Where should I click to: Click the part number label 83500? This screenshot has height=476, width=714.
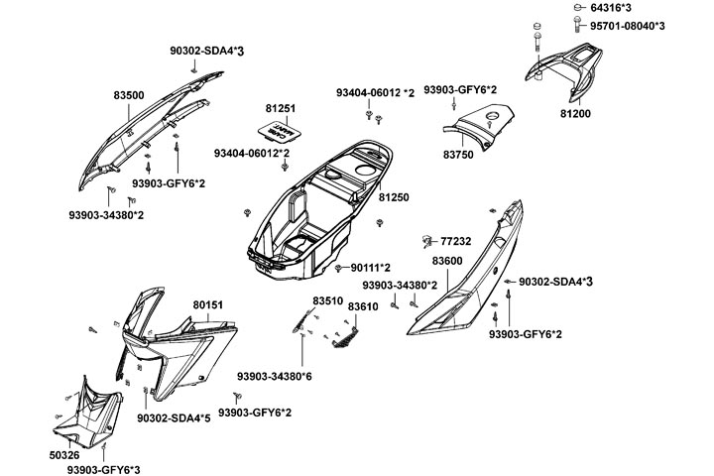coord(129,95)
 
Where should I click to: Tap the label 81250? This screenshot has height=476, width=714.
coord(392,198)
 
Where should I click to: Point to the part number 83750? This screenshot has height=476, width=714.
coord(458,156)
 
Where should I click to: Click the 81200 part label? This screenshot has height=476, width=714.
coord(575,115)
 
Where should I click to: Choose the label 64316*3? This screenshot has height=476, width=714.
coord(613,8)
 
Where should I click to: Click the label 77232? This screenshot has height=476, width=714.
coord(456,240)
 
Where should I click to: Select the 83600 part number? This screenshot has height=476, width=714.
coord(447,260)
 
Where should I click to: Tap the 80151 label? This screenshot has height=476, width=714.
coord(208,304)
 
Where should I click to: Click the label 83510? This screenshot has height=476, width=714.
coord(327,300)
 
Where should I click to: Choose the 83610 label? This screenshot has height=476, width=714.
coord(363,308)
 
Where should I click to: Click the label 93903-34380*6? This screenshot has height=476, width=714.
coord(275,376)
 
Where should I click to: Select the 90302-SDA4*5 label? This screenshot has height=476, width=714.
coord(174,418)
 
